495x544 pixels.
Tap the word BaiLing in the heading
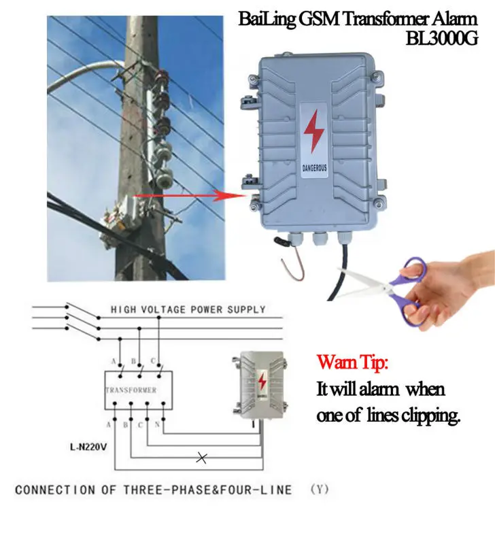click(269, 18)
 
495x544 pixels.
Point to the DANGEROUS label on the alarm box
click(314, 165)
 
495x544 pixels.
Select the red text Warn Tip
click(352, 362)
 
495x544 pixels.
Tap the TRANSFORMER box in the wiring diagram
click(132, 390)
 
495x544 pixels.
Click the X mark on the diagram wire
click(201, 458)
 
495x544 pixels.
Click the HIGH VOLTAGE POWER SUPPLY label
click(188, 310)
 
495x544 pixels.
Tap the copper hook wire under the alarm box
click(286, 265)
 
